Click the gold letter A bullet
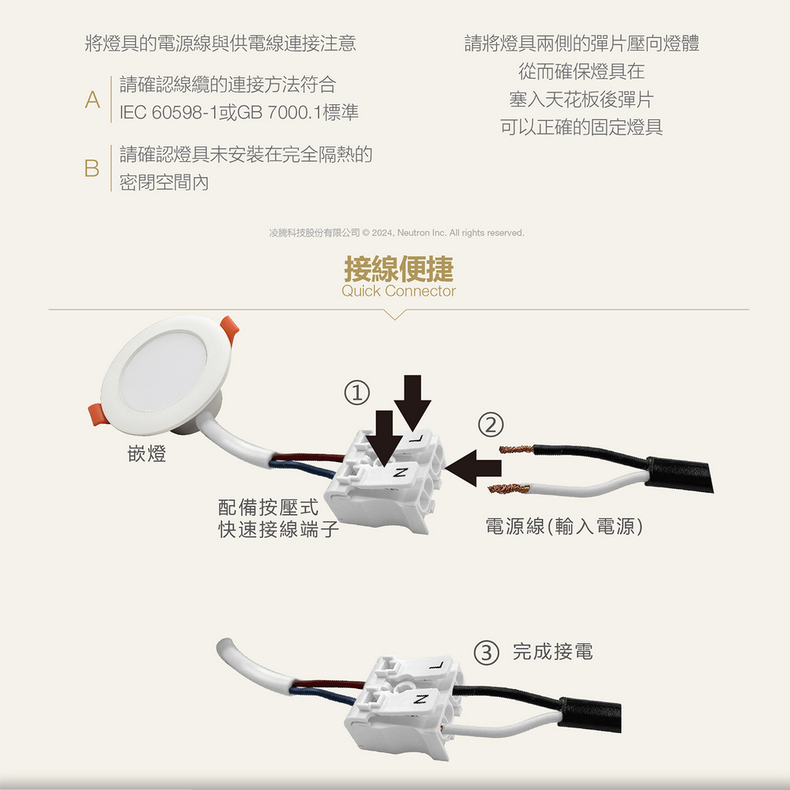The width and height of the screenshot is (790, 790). coord(92,100)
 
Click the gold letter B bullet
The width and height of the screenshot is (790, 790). coord(92,168)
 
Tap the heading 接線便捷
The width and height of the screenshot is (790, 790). coord(398,269)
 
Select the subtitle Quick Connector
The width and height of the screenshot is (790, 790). coord(398,292)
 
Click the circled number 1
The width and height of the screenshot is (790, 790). coord(357,393)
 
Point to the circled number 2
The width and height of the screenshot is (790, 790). coord(491,425)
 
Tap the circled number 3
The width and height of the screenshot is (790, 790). coord(486,653)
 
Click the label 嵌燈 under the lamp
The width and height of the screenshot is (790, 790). coord(147,453)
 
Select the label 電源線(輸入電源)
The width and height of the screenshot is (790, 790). coord(564,526)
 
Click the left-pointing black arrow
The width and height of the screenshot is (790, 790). coord(473,468)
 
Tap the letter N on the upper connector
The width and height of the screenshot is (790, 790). coord(401,472)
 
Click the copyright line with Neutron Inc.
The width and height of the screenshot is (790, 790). coord(397,233)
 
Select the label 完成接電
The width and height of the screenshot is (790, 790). coord(553,652)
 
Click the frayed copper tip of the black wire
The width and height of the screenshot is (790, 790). coord(516,449)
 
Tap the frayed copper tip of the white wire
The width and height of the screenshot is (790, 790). coord(508,487)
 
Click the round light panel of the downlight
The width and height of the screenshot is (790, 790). coord(163,371)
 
